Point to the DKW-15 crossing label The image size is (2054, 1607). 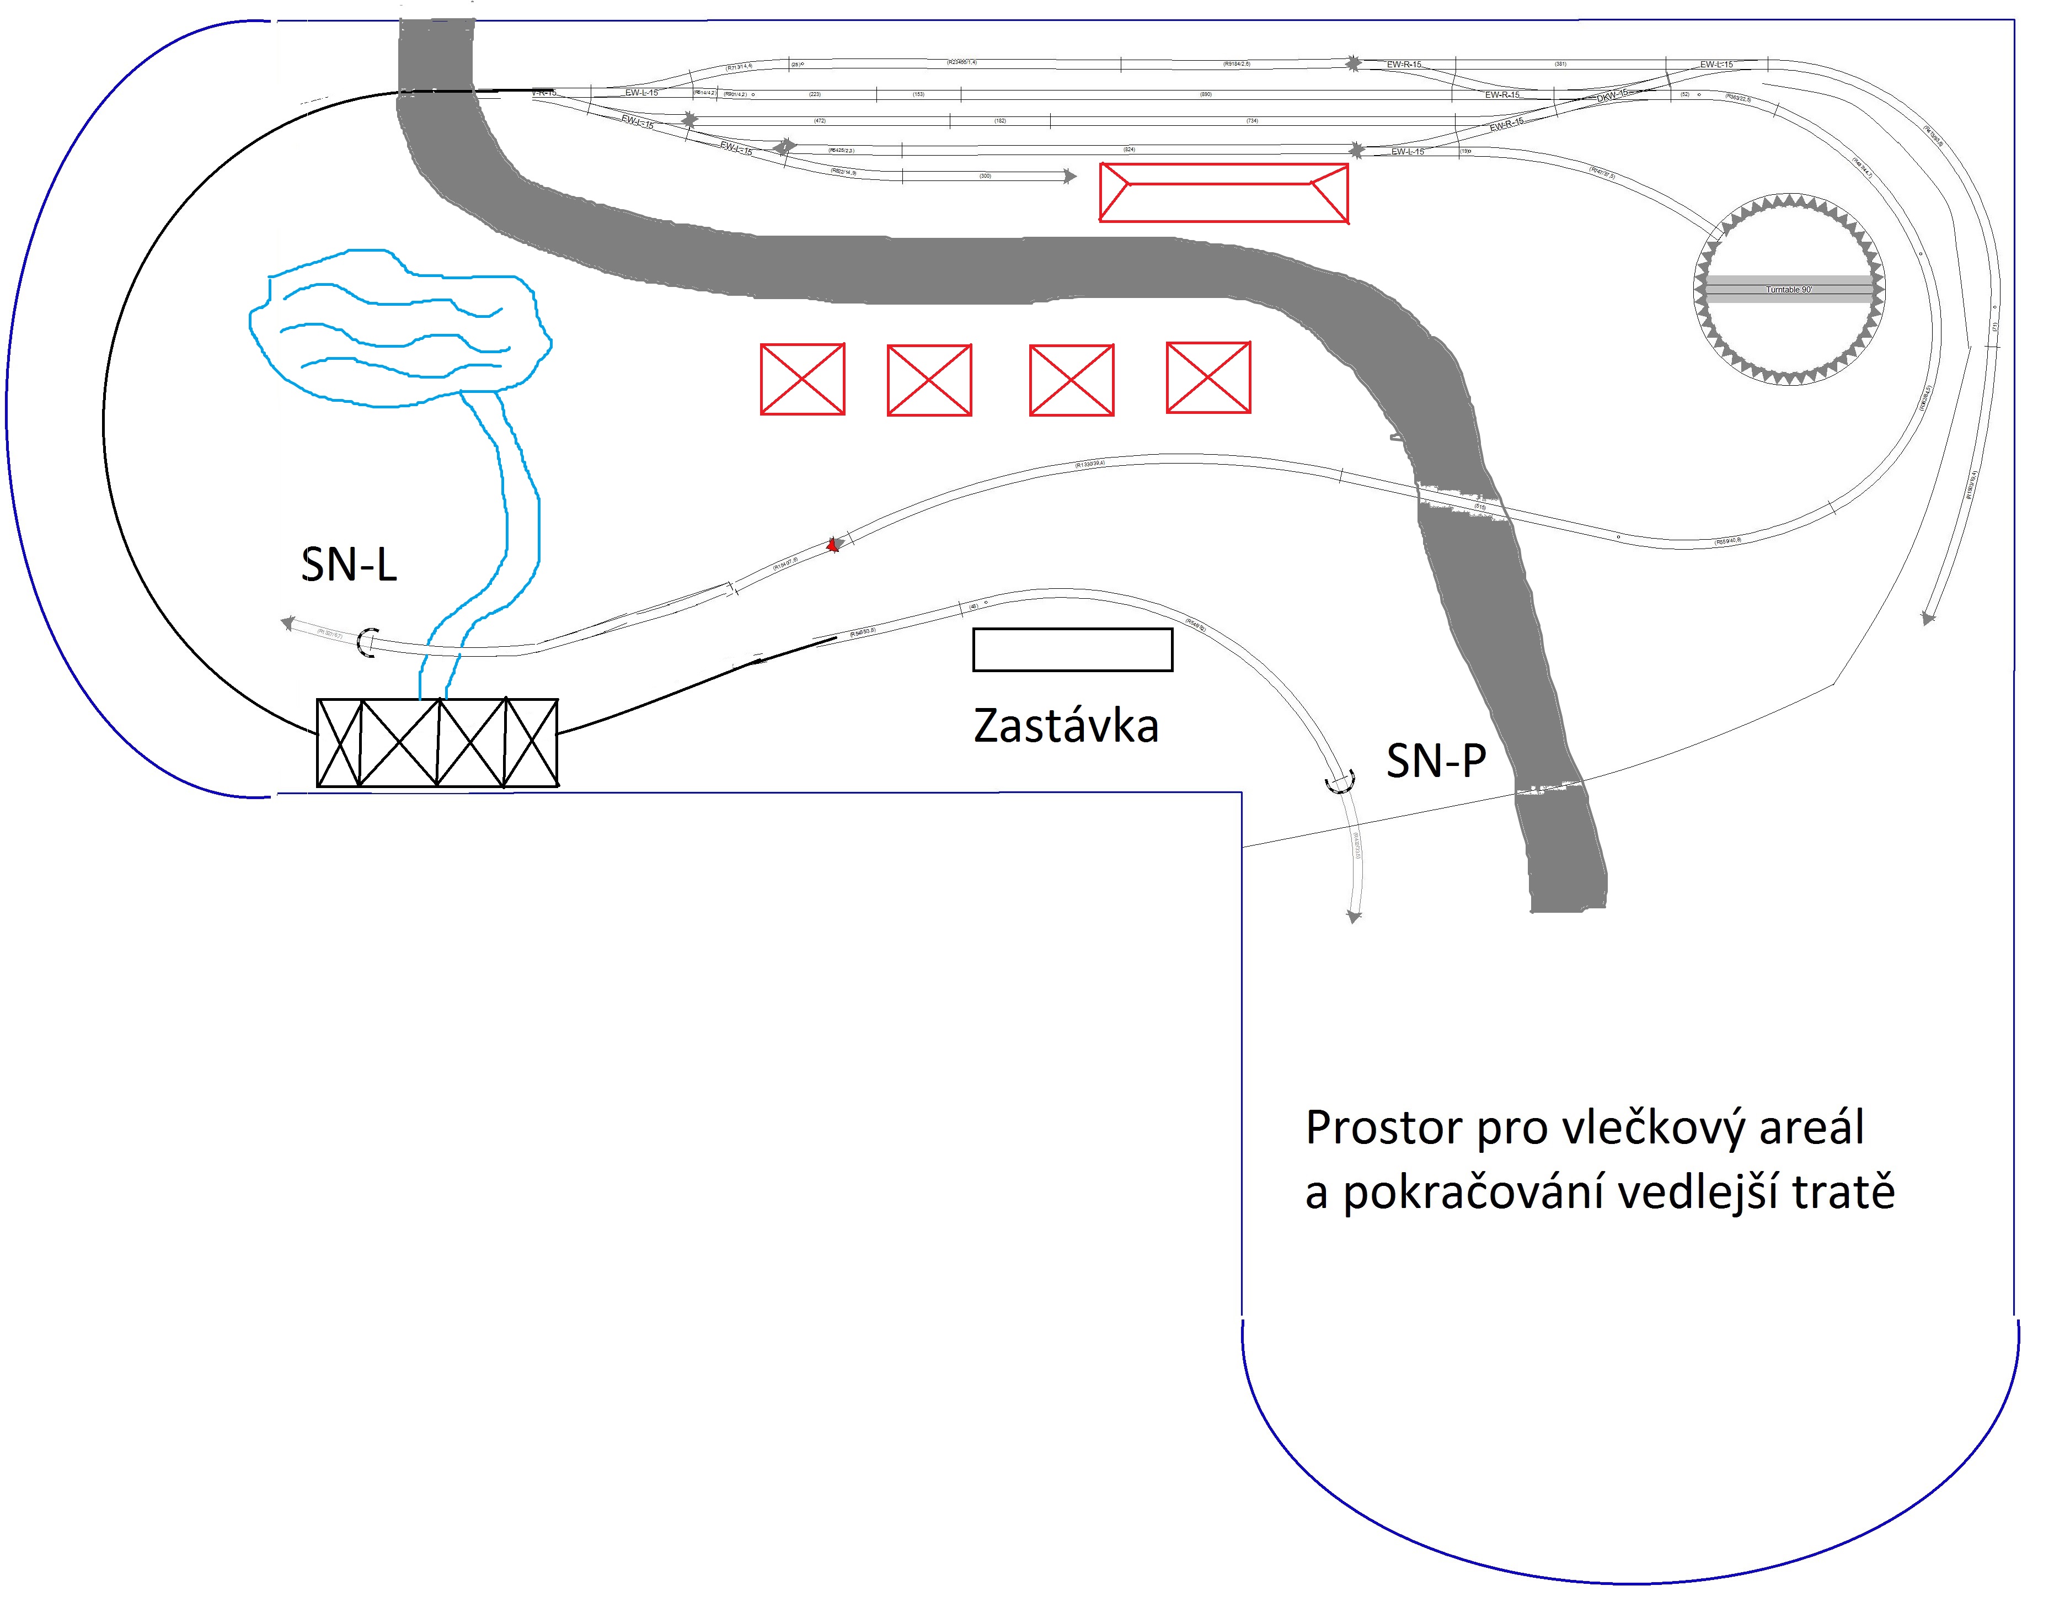[1612, 96]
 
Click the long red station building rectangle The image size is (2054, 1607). [1223, 194]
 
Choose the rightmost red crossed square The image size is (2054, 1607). [1208, 377]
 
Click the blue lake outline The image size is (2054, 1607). [400, 329]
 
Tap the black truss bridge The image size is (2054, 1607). [437, 742]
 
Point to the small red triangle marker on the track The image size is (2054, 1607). [831, 544]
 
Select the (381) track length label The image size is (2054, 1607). [1560, 64]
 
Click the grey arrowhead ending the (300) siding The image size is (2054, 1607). [1069, 176]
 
